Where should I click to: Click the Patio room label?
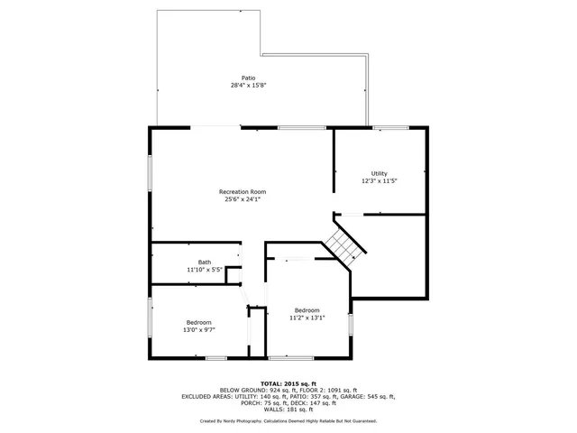(x=248, y=78)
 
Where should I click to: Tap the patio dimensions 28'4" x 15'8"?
(x=248, y=86)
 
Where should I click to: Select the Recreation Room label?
(x=243, y=191)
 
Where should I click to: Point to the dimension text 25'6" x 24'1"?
(x=243, y=199)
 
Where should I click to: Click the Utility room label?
(x=379, y=173)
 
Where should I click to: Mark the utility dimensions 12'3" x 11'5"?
(x=379, y=181)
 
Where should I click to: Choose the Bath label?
(x=205, y=262)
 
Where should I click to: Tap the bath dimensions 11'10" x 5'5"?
(x=205, y=270)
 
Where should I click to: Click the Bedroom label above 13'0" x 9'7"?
(x=199, y=322)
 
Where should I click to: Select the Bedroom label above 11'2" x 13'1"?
(x=307, y=310)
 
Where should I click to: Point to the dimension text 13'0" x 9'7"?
(x=199, y=330)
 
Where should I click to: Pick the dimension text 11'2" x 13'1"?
(x=307, y=318)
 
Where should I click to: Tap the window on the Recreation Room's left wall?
(x=151, y=172)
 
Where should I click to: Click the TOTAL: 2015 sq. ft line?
(x=288, y=383)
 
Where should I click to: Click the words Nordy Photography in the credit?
(x=241, y=421)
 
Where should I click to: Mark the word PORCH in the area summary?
(x=241, y=402)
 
